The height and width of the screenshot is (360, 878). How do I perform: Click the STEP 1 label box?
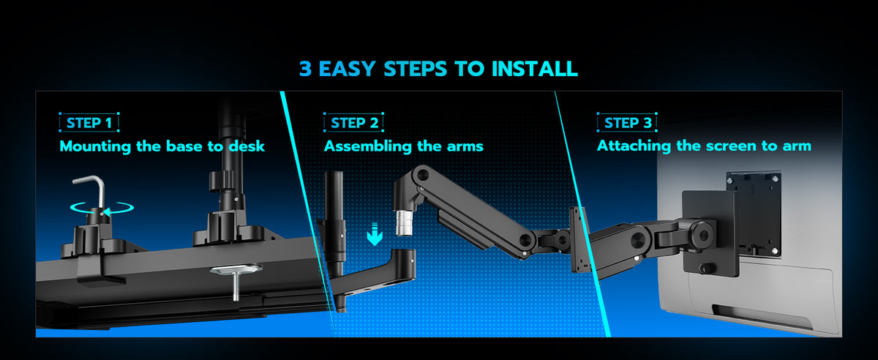pos(89,122)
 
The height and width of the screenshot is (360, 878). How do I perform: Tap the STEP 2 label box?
pos(353,122)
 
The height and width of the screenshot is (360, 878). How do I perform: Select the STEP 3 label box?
pos(627,122)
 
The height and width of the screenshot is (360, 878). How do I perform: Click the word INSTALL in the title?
pos(535,69)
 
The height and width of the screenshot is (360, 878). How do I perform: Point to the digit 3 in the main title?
pos(305,69)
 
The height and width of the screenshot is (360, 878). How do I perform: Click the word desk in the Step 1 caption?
pos(247,146)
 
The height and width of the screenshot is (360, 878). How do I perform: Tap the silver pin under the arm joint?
pos(404,223)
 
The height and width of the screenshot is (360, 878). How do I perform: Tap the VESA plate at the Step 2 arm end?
pos(579,240)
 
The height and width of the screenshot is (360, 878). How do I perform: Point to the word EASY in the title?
pos(348,69)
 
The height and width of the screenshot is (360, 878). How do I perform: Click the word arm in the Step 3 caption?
pos(797,146)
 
